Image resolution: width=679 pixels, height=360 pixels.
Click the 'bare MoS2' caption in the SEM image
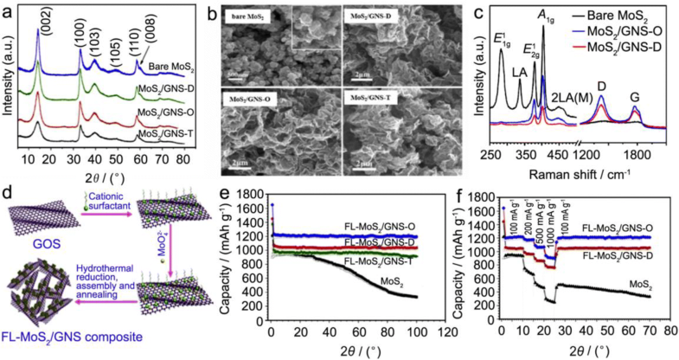[x=247, y=16]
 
